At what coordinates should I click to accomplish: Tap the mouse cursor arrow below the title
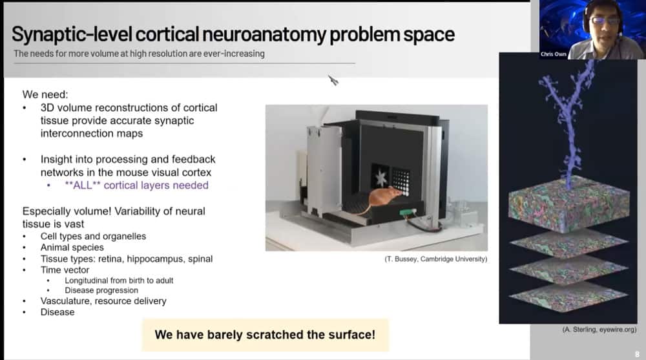click(x=333, y=80)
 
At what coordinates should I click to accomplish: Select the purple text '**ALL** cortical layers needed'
click(x=136, y=185)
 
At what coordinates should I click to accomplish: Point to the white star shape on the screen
click(x=380, y=178)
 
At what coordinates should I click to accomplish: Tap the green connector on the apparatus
click(x=408, y=213)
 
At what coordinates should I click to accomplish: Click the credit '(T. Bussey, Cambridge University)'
click(x=436, y=259)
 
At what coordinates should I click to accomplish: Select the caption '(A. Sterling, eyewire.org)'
click(x=599, y=330)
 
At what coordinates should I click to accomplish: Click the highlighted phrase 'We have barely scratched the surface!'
click(x=265, y=334)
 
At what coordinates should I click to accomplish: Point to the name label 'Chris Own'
click(x=554, y=54)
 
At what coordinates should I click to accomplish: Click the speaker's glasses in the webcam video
click(x=605, y=20)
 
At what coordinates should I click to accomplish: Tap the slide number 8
click(x=638, y=354)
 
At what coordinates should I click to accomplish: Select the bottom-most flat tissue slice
click(x=568, y=297)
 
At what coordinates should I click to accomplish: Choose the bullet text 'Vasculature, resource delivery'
click(x=103, y=301)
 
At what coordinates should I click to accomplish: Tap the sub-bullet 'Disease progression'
click(x=101, y=290)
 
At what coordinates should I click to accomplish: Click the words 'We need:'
click(x=45, y=94)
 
